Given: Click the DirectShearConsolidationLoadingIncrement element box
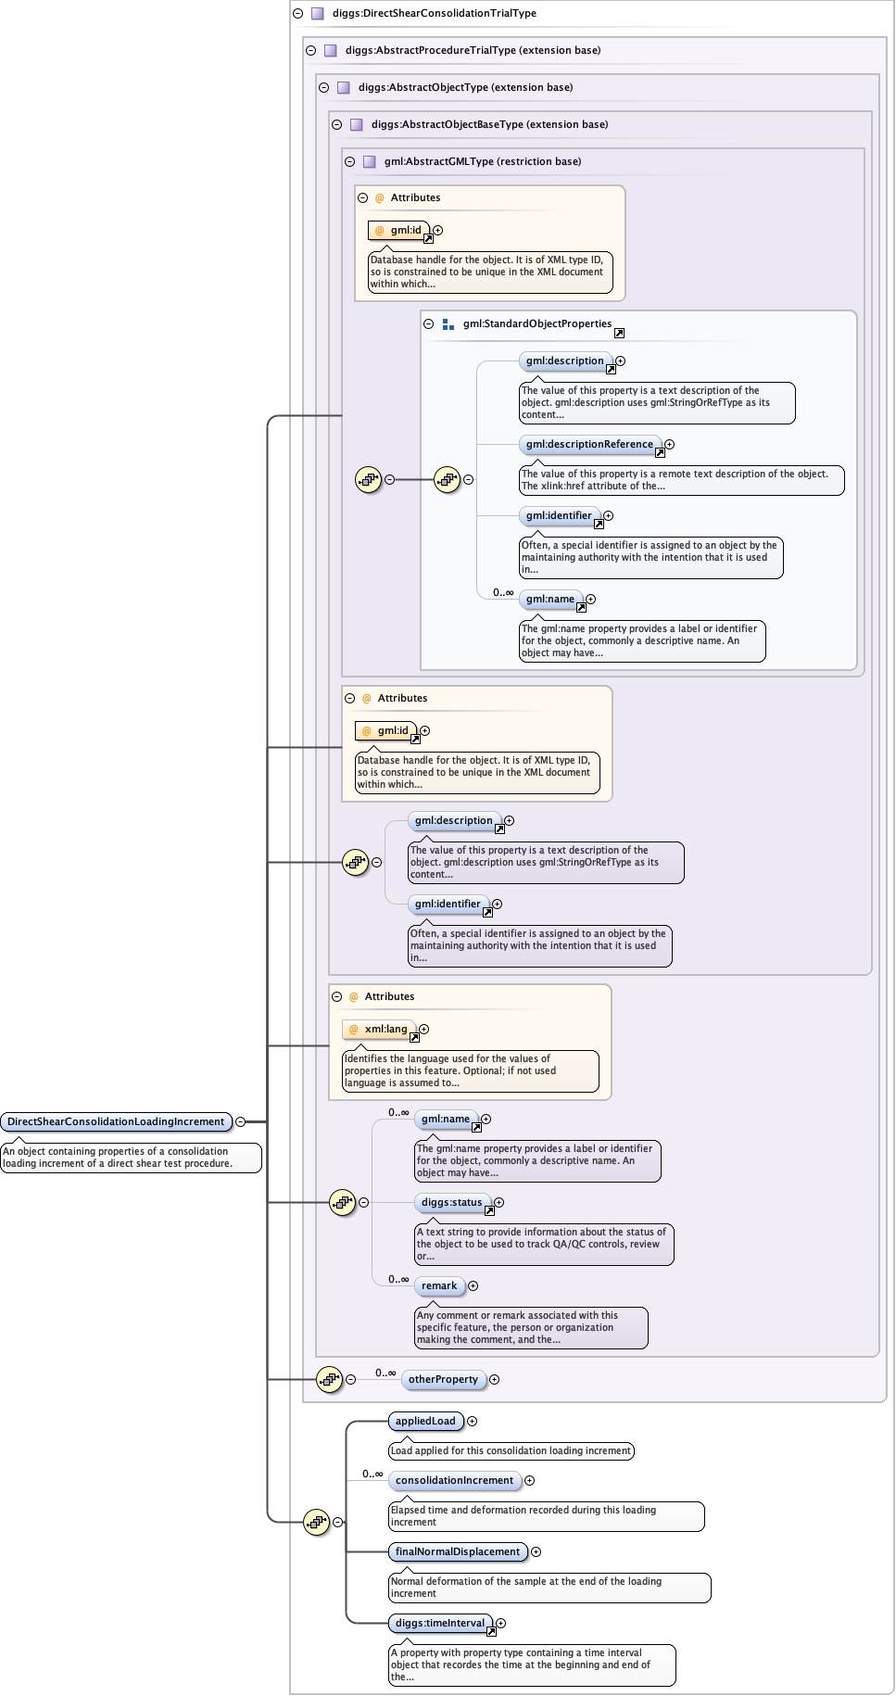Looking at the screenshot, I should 116,1121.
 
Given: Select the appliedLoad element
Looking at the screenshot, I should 425,1421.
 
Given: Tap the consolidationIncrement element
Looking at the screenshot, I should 454,1480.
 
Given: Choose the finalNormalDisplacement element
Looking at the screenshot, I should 458,1551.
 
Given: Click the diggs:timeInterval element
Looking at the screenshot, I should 440,1623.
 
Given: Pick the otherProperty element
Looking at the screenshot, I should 443,1379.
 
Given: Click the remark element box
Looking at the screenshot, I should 439,1285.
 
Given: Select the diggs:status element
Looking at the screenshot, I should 452,1202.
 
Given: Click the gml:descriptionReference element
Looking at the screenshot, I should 589,444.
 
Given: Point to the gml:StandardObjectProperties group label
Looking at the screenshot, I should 537,323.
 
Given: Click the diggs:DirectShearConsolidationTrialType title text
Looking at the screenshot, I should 435,13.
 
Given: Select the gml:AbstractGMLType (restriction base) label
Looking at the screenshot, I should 483,161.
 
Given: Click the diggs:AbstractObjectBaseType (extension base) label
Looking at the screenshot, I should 489,124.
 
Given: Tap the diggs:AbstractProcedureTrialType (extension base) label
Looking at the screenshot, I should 473,50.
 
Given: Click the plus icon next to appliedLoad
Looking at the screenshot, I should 472,1421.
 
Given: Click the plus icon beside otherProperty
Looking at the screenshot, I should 494,1379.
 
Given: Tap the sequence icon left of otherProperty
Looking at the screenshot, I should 329,1379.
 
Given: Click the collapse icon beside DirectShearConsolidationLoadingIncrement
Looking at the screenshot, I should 240,1121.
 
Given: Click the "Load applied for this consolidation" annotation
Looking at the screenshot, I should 511,1450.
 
